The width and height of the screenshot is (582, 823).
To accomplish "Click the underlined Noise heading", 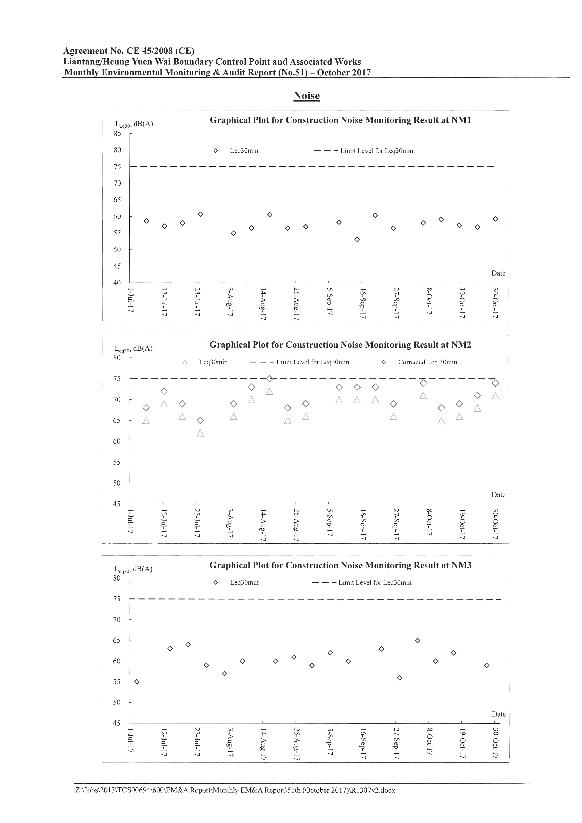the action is tap(306, 96).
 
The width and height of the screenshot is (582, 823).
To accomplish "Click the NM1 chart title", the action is tap(340, 120).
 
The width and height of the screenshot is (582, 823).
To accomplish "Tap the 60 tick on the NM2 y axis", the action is tap(117, 441).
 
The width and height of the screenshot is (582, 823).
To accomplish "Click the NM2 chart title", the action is tap(340, 345).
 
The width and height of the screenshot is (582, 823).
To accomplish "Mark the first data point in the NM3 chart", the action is tap(137, 682).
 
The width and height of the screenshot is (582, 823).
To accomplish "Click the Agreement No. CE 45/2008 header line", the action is tap(129, 51).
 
